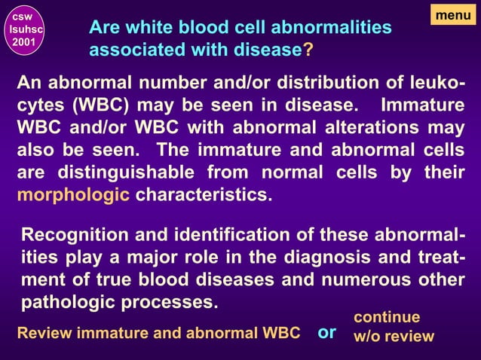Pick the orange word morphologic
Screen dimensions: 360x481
coord(72,196)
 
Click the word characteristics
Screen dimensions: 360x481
coord(201,196)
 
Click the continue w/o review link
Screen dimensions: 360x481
coord(394,326)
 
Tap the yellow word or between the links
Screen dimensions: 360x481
coord(326,332)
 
